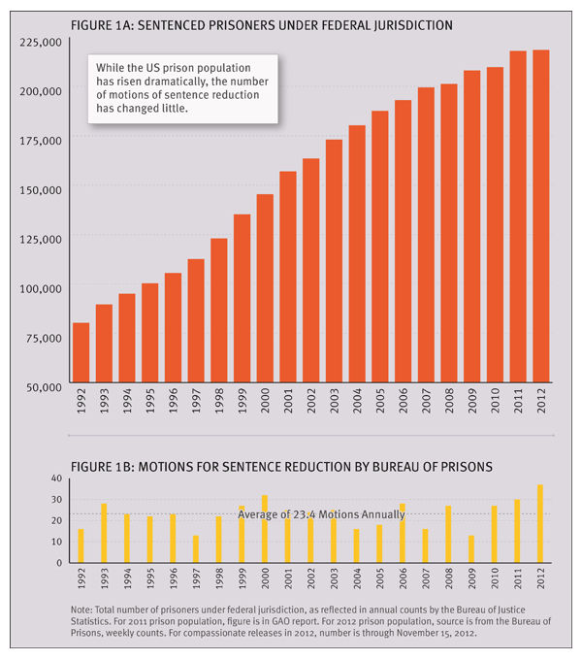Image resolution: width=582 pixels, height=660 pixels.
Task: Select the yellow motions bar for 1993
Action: [x=104, y=533]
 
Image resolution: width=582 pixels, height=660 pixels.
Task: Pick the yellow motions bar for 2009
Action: [x=471, y=549]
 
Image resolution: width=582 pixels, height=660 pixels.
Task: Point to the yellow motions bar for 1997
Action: [x=196, y=549]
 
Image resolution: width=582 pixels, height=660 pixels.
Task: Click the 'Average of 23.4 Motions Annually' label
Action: [x=321, y=513]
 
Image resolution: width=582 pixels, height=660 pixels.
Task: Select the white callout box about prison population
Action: [x=184, y=88]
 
